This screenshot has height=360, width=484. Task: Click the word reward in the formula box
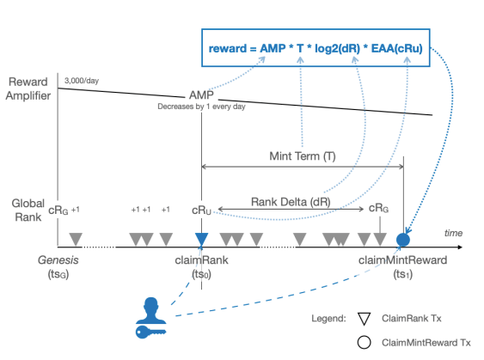pyautogui.click(x=228, y=49)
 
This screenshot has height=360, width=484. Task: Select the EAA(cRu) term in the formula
pyautogui.click(x=396, y=48)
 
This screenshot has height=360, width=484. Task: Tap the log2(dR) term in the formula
pyautogui.click(x=337, y=49)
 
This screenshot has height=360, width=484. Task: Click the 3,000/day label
pyautogui.click(x=82, y=81)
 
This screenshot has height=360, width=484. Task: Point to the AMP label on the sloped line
pyautogui.click(x=201, y=95)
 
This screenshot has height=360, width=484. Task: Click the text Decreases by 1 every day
pyautogui.click(x=201, y=107)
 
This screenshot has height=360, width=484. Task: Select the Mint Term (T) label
pyautogui.click(x=303, y=156)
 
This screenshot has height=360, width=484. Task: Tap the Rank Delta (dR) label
pyautogui.click(x=291, y=202)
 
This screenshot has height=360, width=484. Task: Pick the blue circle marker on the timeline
pyautogui.click(x=403, y=240)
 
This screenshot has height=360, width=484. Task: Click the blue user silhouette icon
pyautogui.click(x=151, y=311)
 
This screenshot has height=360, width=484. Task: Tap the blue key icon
pyautogui.click(x=150, y=332)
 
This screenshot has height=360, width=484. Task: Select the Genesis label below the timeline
pyautogui.click(x=58, y=260)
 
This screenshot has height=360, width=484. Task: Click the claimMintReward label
pyautogui.click(x=402, y=260)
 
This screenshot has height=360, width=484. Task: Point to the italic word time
pyautogui.click(x=453, y=233)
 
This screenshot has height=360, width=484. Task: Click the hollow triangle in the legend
pyautogui.click(x=364, y=319)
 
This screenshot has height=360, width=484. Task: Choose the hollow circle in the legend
pyautogui.click(x=364, y=343)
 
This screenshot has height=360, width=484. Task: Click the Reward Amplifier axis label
pyautogui.click(x=28, y=88)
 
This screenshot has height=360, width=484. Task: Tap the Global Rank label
pyautogui.click(x=28, y=211)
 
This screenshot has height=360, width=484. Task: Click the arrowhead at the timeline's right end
pyautogui.click(x=460, y=247)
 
